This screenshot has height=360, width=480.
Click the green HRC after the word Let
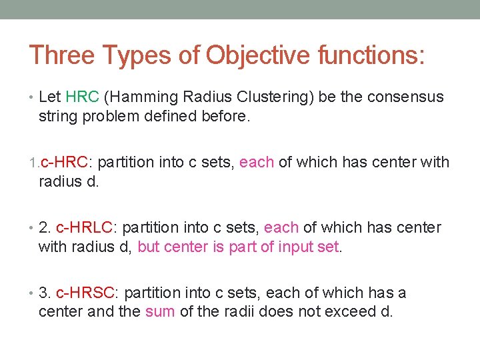[83, 97]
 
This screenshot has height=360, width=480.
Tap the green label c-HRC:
[66, 162]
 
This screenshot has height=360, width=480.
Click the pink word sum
[160, 311]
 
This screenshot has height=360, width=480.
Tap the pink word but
[149, 247]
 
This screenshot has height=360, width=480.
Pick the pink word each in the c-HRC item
[257, 162]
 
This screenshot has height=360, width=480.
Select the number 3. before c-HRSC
[45, 293]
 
